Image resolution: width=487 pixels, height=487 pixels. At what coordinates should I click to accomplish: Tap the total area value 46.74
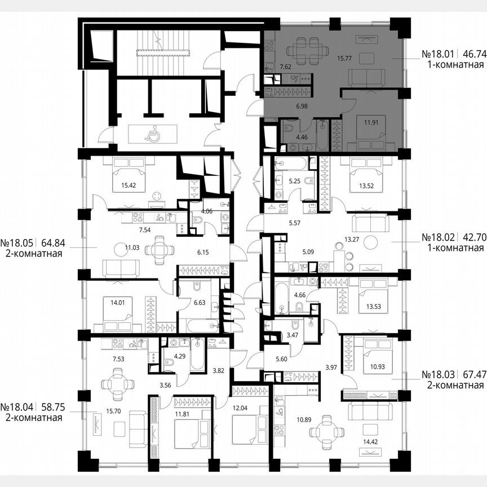(472, 55)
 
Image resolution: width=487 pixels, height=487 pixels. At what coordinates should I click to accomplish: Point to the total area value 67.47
(472, 374)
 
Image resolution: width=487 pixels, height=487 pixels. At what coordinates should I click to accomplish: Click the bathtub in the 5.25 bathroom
(291, 164)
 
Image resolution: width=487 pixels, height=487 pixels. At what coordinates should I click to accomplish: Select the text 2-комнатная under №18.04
(31, 418)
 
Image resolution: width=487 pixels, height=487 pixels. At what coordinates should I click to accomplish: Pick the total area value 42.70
(472, 237)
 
